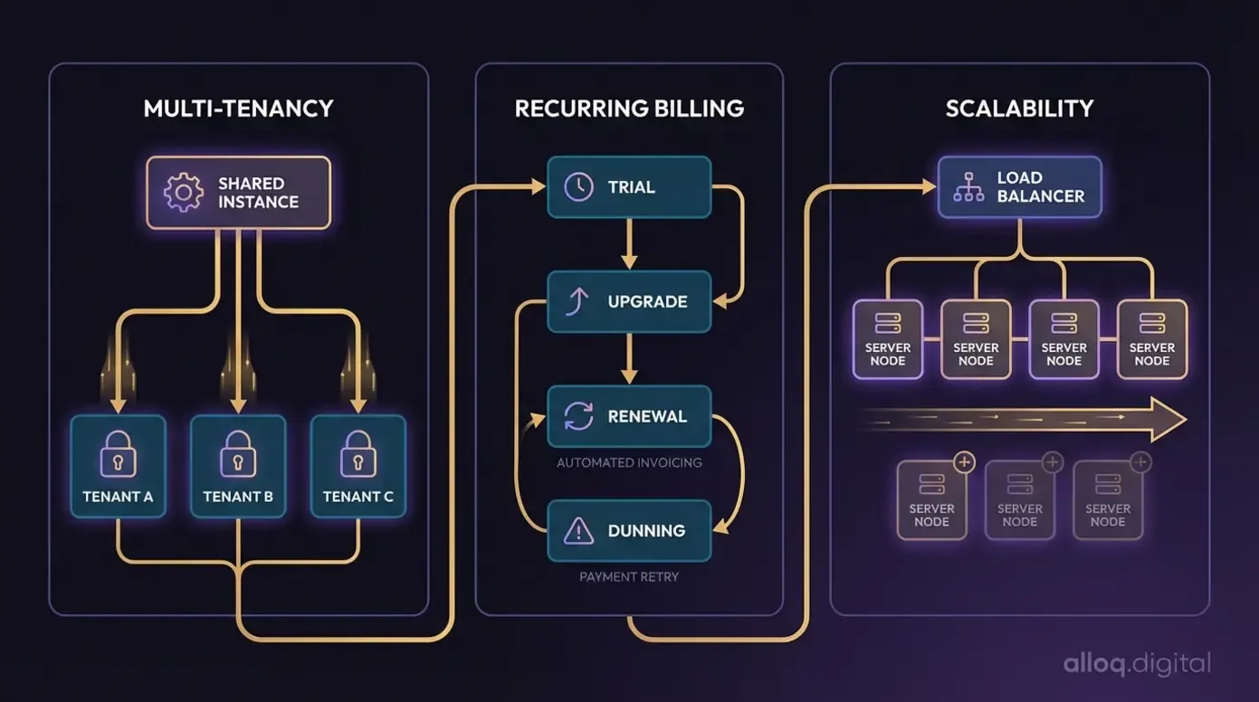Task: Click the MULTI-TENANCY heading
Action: pyautogui.click(x=238, y=109)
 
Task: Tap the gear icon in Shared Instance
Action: pyautogui.click(x=183, y=193)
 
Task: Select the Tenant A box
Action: pyautogui.click(x=118, y=466)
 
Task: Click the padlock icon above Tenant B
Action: pyautogui.click(x=238, y=452)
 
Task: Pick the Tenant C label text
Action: pyautogui.click(x=358, y=497)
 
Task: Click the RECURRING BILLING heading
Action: pyautogui.click(x=629, y=109)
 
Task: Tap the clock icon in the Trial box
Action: pyautogui.click(x=578, y=187)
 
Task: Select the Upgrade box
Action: pyautogui.click(x=629, y=301)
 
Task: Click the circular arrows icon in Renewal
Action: pyautogui.click(x=578, y=416)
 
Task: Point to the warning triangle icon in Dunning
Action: pyautogui.click(x=578, y=530)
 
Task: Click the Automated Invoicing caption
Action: pyautogui.click(x=629, y=462)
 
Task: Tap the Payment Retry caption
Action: pyautogui.click(x=629, y=576)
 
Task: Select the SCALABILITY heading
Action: pyautogui.click(x=1019, y=109)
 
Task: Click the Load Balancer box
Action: pyautogui.click(x=1019, y=186)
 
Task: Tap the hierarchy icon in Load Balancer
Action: pyautogui.click(x=968, y=186)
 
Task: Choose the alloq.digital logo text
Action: pyautogui.click(x=1137, y=664)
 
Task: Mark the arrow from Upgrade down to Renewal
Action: pyautogui.click(x=630, y=359)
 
